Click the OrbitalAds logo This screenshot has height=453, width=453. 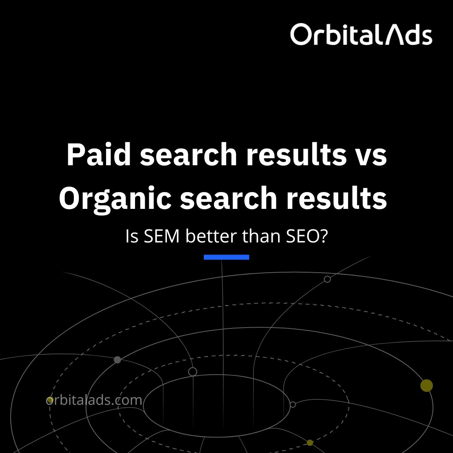361,34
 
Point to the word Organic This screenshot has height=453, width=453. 115,200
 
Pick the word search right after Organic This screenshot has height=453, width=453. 228,200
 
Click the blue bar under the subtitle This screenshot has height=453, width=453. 226,257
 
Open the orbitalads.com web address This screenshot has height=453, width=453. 94,401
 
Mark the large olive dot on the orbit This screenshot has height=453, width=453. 427,385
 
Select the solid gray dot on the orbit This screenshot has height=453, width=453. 117,360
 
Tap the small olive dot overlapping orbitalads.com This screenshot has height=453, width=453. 50,400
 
